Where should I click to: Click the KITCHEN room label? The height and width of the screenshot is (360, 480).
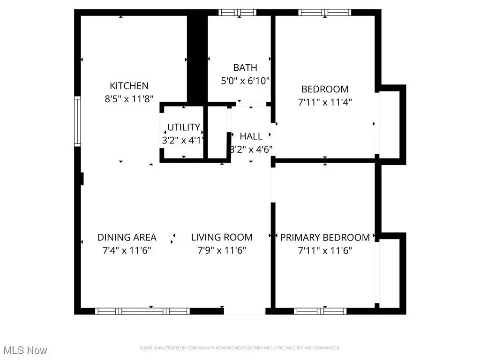[x=129, y=86]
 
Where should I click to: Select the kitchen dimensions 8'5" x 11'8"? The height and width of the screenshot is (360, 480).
[x=129, y=98]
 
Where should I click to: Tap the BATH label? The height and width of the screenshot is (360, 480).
[x=245, y=68]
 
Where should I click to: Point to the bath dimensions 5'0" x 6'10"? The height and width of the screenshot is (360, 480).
[x=245, y=81]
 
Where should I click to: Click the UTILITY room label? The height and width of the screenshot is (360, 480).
[x=184, y=127]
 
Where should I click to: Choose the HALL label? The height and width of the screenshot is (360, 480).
[x=251, y=136]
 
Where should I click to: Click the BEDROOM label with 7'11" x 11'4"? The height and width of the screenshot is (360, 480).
[x=325, y=89]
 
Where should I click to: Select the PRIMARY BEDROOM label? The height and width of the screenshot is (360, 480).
[x=325, y=237]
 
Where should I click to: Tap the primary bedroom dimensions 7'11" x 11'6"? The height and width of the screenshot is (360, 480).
[x=325, y=250]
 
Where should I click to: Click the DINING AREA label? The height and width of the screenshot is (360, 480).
[x=127, y=237]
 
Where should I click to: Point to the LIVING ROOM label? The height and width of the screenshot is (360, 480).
[x=222, y=237]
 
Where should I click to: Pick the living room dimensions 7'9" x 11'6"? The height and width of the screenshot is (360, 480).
[x=222, y=250]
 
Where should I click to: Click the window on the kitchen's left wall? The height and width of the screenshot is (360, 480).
[x=77, y=121]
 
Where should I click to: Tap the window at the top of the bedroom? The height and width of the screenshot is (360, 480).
[x=325, y=13]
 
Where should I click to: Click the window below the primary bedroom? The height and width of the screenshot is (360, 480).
[x=320, y=311]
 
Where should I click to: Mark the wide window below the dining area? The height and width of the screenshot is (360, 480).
[x=142, y=311]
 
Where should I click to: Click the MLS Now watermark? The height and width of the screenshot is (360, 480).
[x=24, y=350]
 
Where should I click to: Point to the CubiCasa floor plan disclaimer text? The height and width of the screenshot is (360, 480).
[x=240, y=348]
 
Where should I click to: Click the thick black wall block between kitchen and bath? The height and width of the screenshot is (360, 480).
[x=197, y=56]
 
